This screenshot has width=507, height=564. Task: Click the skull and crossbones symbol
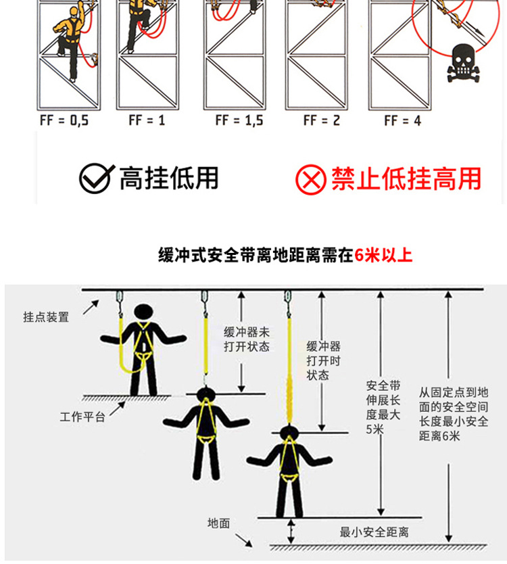(x=463, y=64)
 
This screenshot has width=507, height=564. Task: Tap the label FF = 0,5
(x=64, y=120)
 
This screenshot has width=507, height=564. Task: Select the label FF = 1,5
(x=239, y=120)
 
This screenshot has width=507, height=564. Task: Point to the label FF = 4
(x=402, y=120)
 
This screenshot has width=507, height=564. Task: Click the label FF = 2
(x=322, y=120)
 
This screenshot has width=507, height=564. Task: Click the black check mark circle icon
(x=95, y=179)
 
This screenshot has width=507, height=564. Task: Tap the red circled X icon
(x=311, y=179)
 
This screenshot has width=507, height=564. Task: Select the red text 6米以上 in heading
(x=383, y=255)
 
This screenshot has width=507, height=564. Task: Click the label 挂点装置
(x=46, y=317)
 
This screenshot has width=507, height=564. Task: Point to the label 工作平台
(x=82, y=417)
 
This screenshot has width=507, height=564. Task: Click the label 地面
(x=218, y=523)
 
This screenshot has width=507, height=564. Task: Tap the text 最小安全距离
(x=375, y=532)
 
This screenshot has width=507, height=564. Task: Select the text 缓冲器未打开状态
(x=247, y=339)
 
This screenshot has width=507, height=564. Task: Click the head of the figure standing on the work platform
(x=143, y=312)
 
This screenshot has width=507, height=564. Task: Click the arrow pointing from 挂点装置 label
(x=91, y=308)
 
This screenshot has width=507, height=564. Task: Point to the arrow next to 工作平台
(x=118, y=409)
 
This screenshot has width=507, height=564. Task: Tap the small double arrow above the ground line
(x=291, y=531)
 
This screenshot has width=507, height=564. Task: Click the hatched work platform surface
(x=126, y=398)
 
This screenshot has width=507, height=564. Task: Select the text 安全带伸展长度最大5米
(x=383, y=407)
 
